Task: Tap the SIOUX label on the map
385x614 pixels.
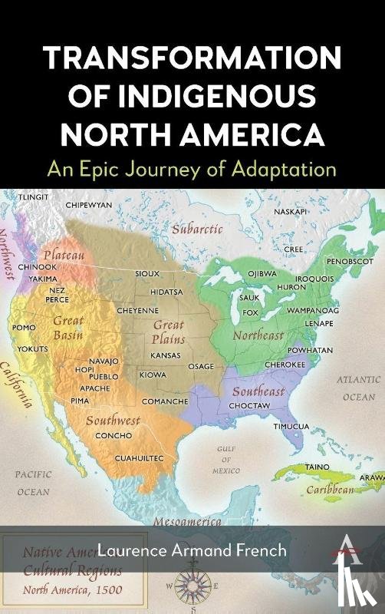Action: click(x=146, y=273)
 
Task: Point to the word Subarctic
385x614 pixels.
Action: click(x=197, y=229)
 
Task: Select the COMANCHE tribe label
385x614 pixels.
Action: click(x=164, y=401)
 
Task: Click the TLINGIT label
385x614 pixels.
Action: click(x=21, y=196)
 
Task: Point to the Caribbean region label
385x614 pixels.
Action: click(x=331, y=489)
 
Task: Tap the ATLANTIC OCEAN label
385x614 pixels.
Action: click(x=358, y=388)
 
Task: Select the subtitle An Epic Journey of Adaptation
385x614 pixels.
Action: click(x=192, y=169)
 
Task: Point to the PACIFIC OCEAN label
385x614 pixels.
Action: click(x=34, y=483)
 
